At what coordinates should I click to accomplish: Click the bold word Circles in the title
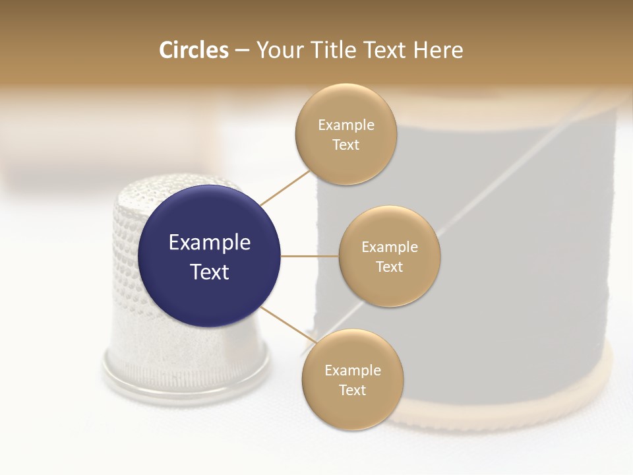[193, 50]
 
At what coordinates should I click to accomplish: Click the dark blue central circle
[210, 218]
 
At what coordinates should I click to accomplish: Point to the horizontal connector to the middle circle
[309, 256]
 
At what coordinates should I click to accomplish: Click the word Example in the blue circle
[210, 243]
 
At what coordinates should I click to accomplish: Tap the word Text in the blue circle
[210, 272]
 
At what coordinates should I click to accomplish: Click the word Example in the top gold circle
[346, 125]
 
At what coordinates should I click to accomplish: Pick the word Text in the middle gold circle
[390, 267]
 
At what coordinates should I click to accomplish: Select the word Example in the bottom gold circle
[353, 370]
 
